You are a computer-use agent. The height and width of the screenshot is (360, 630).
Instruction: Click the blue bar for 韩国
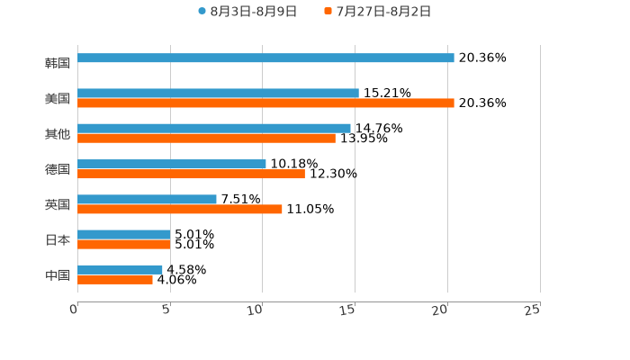pos(265,58)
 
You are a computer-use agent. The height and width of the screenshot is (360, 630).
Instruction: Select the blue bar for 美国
pos(218,94)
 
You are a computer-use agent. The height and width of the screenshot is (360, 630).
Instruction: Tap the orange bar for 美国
pos(265,103)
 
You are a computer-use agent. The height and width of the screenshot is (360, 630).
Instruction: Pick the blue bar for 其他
pos(214,129)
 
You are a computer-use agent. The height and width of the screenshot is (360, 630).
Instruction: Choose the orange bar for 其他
pos(206,139)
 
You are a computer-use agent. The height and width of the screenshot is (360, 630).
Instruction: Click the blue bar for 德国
pos(172,165)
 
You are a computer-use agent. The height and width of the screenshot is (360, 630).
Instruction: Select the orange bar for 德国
pos(191,175)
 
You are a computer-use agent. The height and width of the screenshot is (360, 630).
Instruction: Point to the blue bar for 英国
pos(147,200)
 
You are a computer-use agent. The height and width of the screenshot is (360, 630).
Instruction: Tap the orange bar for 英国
pos(180,210)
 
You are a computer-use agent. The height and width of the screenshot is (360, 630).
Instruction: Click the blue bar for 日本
pos(124,235)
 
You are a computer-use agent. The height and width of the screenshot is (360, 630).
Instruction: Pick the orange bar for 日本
pos(124,245)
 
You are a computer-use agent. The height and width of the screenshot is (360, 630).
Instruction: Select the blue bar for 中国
pos(120,270)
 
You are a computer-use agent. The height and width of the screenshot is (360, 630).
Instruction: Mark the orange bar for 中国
pos(115,280)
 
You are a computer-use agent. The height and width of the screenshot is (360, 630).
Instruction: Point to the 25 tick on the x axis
pos(532,310)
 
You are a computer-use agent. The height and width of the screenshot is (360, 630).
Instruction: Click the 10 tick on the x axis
pos(256,310)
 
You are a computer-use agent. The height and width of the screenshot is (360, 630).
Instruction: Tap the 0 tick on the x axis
pos(74,310)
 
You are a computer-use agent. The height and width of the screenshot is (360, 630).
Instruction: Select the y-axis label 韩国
pos(57,64)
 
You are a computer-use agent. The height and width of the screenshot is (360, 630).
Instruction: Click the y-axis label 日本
pos(57,240)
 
